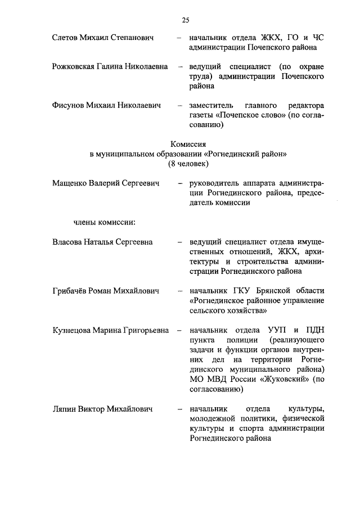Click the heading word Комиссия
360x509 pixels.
[x=188, y=144]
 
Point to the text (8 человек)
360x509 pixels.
[x=188, y=164]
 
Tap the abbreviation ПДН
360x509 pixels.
[x=316, y=330]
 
